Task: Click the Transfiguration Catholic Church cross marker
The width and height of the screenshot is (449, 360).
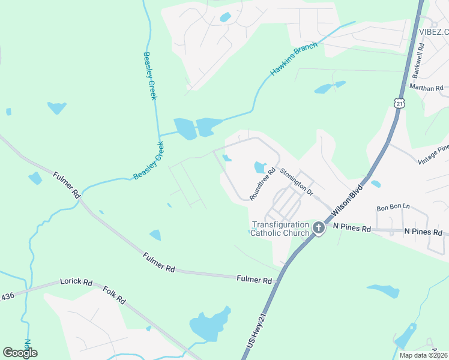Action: tap(318, 228)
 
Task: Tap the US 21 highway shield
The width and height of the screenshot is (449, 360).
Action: tap(400, 103)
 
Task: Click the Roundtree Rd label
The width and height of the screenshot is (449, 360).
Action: tap(262, 184)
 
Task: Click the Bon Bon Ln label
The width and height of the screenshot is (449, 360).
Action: tap(392, 208)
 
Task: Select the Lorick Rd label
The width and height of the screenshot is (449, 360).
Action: tap(76, 281)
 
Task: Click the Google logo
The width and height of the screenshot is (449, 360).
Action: tap(20, 353)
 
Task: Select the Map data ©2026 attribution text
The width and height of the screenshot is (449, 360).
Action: tap(423, 355)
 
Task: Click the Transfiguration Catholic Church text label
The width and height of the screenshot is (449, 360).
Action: tap(280, 229)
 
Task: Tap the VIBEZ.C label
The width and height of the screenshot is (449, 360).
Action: tap(434, 32)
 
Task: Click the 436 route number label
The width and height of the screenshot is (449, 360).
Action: tap(7, 296)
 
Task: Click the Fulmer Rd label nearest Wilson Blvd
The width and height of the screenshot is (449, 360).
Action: tap(254, 280)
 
